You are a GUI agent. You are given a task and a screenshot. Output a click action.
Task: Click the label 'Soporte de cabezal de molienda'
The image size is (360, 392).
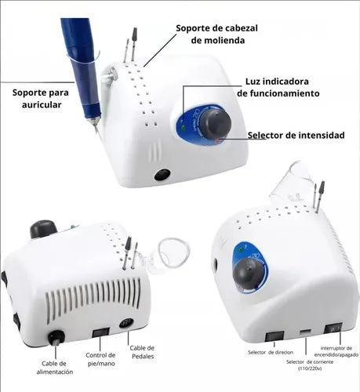tap(216, 34)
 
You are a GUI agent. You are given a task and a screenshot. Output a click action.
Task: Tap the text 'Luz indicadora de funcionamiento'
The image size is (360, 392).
tap(278, 87)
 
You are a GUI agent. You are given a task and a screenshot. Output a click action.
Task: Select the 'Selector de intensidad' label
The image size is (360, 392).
tap(296, 135)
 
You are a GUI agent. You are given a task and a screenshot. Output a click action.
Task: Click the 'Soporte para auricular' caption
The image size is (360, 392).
tap(41, 99)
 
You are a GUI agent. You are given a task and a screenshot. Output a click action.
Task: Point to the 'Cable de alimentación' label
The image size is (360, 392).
tap(55, 368)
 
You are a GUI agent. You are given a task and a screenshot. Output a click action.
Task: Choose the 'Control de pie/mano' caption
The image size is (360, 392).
tap(100, 359)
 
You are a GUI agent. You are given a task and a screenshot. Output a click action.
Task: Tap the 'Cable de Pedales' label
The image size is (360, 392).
tap(142, 352)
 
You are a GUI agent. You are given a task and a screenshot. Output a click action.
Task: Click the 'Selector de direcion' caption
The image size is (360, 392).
tap(271, 352)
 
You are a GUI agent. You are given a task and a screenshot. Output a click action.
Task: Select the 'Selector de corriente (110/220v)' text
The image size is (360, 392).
tap(310, 365)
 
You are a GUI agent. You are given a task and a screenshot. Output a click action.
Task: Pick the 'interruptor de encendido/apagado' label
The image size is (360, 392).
tap(336, 351)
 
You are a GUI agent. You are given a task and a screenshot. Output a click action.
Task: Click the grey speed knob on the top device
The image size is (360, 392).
tap(216, 123)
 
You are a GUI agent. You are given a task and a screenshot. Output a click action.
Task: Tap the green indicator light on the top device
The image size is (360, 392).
tap(184, 128)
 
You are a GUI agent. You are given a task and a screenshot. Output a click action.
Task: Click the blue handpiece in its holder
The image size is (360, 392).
tap(82, 71)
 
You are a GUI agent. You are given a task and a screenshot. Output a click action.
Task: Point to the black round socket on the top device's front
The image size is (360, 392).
tap(162, 175)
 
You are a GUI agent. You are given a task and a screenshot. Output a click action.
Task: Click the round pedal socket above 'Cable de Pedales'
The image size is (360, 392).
tap(126, 323)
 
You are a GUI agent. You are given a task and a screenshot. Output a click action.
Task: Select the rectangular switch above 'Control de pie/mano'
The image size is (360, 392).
tap(101, 332)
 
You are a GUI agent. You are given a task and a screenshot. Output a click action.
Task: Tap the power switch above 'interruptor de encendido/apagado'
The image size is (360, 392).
tap(333, 328)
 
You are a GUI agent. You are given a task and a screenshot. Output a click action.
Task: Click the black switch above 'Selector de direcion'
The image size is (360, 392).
tap(275, 336)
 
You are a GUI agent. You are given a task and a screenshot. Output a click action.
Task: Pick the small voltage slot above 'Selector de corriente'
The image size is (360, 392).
tap(305, 332)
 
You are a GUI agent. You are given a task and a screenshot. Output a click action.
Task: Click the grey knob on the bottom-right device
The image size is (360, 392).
tap(248, 274)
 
